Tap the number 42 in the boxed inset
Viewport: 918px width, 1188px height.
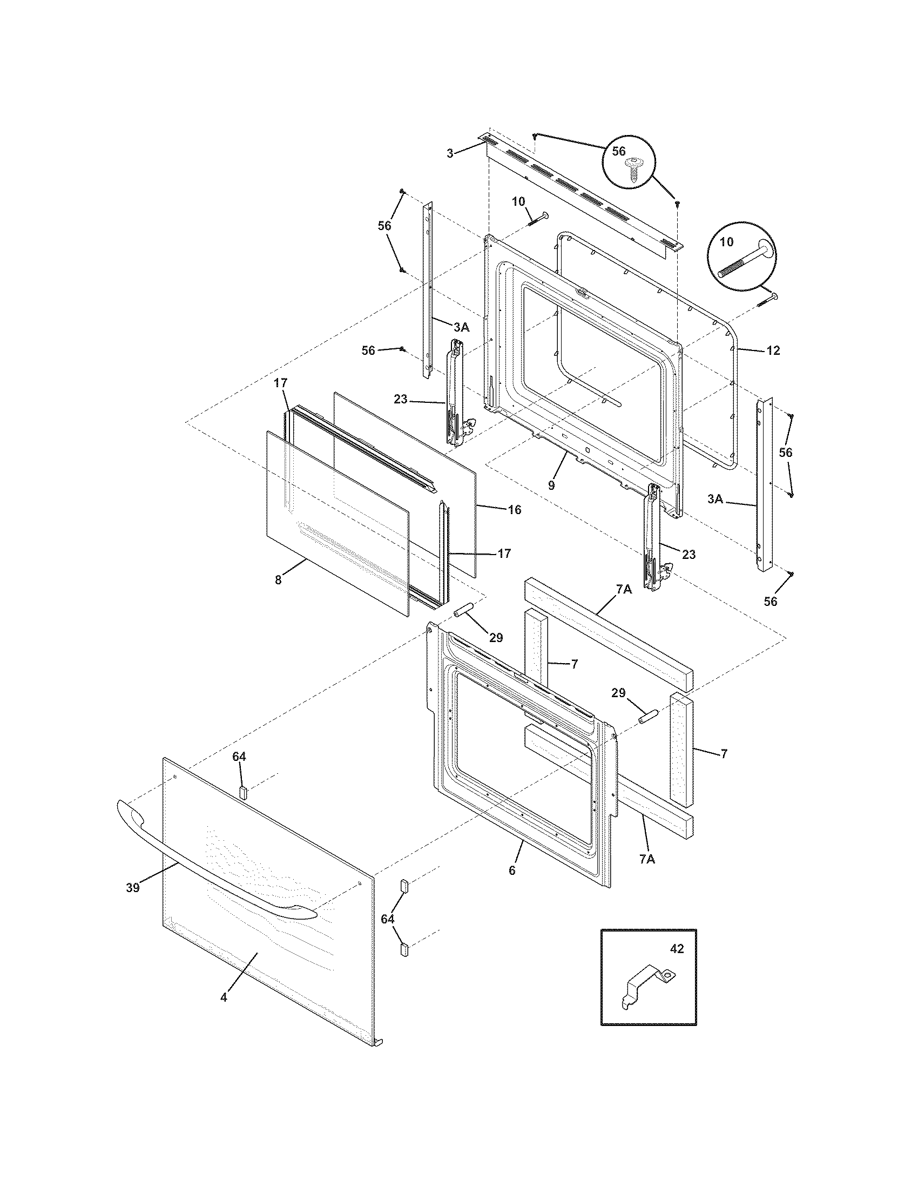(677, 949)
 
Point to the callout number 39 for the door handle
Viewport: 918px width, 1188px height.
(132, 888)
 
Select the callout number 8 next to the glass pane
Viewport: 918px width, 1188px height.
(278, 580)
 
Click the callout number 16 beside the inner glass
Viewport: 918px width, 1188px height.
(515, 510)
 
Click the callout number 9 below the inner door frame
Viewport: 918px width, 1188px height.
(551, 485)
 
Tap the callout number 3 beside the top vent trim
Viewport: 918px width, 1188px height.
(450, 153)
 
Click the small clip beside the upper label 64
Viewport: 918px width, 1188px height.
(243, 791)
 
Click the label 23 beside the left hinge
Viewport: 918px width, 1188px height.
(400, 399)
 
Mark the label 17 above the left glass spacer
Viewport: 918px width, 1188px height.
(280, 383)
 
